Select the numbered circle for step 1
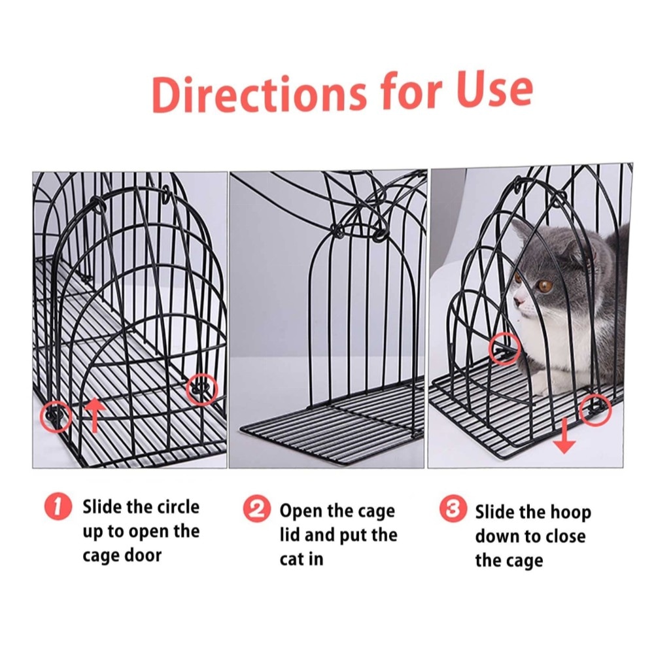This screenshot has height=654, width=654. point(58,507)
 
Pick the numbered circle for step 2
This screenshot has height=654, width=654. point(256,509)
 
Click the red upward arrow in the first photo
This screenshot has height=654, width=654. point(95,415)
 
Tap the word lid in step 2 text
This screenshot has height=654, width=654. point(288,535)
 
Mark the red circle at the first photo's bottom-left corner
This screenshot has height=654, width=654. point(56,416)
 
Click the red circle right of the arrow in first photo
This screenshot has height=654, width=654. point(202,390)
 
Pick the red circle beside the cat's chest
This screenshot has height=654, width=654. point(506,349)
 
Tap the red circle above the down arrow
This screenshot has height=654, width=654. point(596,409)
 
